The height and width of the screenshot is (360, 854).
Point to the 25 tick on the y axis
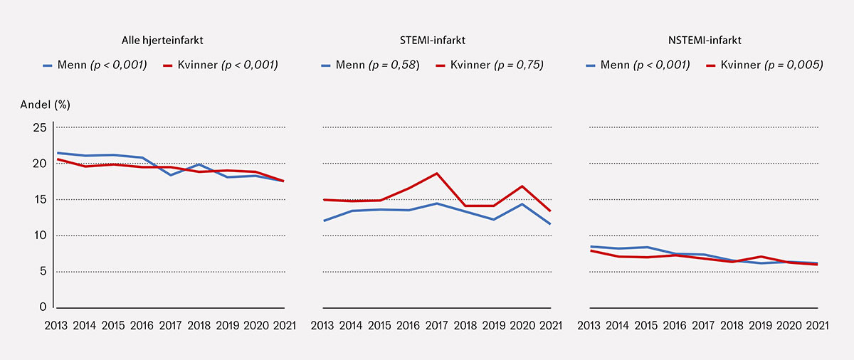tap(40, 128)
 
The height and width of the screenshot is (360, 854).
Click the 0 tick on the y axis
tap(43, 307)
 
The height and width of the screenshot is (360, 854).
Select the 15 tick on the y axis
tap(40, 200)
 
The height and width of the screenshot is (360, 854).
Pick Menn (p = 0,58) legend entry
tap(370, 65)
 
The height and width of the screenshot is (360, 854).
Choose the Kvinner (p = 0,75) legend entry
tap(491, 65)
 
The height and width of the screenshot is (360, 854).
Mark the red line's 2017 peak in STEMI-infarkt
tap(437, 174)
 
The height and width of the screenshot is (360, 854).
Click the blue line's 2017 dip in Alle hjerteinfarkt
tap(171, 175)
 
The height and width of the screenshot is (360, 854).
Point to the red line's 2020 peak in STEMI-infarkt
tap(523, 186)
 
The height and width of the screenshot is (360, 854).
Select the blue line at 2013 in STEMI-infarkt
tap(324, 221)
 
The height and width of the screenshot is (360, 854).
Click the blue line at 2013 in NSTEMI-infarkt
tap(591, 246)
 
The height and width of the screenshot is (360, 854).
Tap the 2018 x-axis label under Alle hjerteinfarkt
tap(199, 326)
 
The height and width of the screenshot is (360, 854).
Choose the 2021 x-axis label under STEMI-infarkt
tap(551, 326)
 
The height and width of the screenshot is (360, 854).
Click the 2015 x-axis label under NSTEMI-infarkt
tap(646, 326)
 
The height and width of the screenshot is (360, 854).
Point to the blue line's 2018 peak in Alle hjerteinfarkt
tap(199, 164)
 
